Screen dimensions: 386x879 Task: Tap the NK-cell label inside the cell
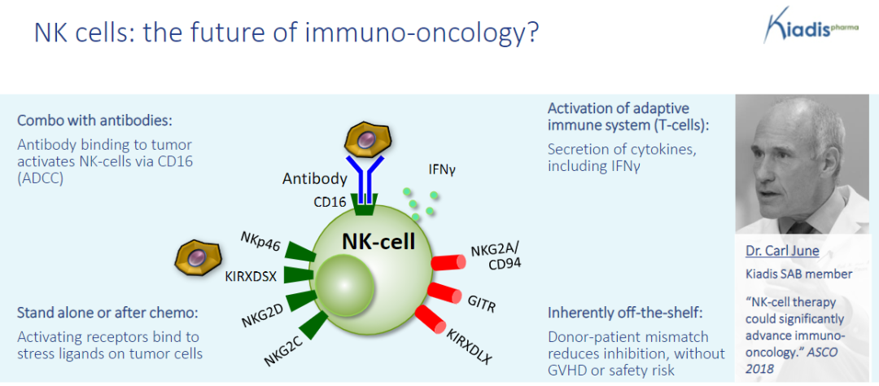click(x=378, y=241)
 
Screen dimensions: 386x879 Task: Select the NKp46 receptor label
click(x=260, y=242)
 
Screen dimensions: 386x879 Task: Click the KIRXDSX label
click(x=251, y=276)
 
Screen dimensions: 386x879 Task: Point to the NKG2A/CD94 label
click(x=496, y=255)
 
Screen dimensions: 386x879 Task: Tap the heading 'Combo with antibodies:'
click(x=94, y=121)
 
